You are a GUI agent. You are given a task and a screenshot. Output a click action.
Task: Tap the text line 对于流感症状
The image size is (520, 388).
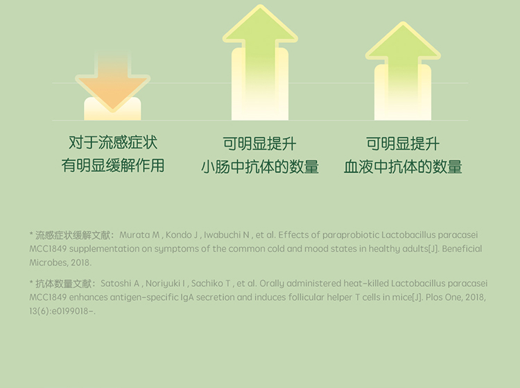pyautogui.click(x=113, y=143)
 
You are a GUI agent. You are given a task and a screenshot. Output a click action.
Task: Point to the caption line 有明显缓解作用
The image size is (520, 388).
pyautogui.click(x=113, y=166)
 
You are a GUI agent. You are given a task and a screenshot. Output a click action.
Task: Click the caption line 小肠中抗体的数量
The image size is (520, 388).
pyautogui.click(x=260, y=167)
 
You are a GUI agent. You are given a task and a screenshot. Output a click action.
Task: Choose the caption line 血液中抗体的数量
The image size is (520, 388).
pyautogui.click(x=403, y=167)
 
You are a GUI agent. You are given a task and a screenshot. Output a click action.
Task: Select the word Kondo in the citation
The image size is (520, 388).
pyautogui.click(x=179, y=235)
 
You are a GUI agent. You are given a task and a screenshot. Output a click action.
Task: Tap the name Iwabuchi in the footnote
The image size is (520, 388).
pyautogui.click(x=222, y=235)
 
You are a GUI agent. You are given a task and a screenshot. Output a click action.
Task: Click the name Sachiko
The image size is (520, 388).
pyautogui.click(x=207, y=283)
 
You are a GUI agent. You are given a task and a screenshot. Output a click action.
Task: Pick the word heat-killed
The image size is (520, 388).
pyautogui.click(x=366, y=283)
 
